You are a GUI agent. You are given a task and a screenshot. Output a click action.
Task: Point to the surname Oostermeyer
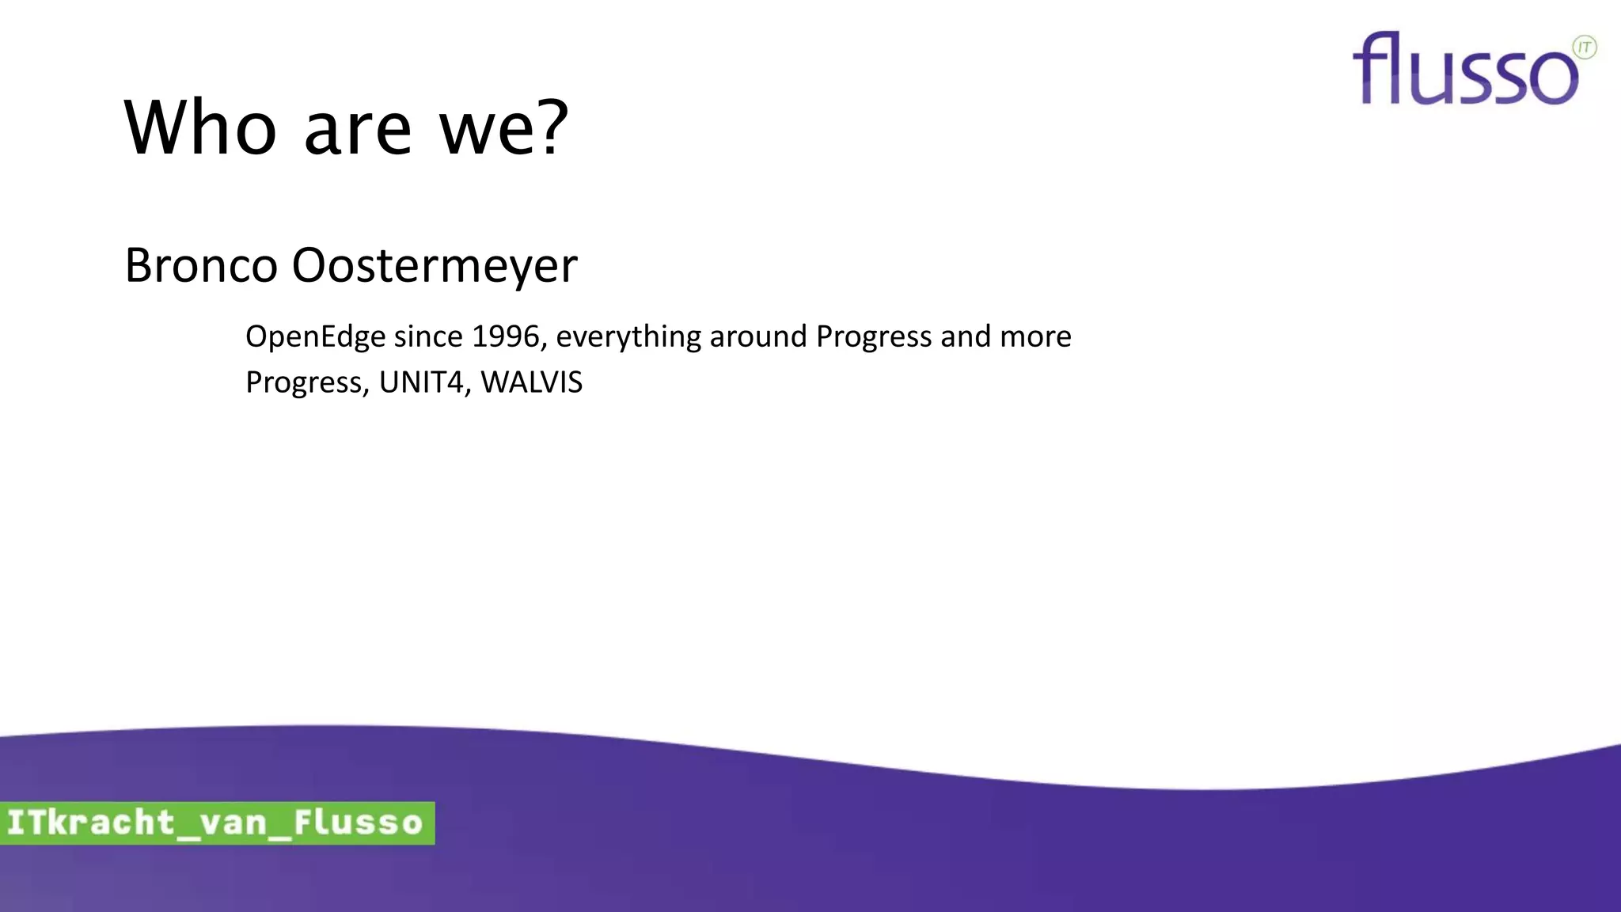click(435, 266)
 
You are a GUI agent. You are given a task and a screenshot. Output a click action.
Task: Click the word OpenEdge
click(315, 337)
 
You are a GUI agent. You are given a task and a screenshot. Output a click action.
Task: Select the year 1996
click(505, 336)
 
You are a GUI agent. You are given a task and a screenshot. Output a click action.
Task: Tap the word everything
click(628, 337)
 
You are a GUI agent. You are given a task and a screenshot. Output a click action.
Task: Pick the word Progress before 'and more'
click(874, 337)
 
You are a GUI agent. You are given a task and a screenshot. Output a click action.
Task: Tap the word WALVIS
click(531, 382)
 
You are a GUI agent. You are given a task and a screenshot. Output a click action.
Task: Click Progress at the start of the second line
click(304, 383)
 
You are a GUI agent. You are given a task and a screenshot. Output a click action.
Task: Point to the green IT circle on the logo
click(1584, 47)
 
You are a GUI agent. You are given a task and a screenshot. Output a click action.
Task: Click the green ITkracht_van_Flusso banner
click(216, 823)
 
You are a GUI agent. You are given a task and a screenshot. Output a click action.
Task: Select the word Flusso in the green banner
click(358, 823)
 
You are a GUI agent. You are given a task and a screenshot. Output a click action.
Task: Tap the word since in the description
click(428, 336)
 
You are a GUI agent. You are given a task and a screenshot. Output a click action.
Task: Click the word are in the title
click(358, 133)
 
